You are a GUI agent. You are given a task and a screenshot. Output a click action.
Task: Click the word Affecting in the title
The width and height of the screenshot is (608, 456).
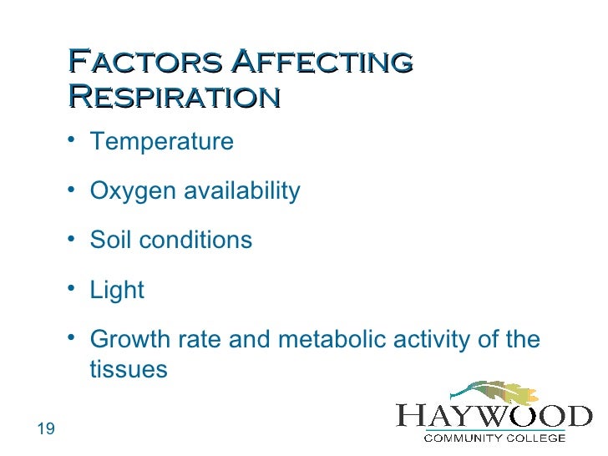pyautogui.click(x=322, y=62)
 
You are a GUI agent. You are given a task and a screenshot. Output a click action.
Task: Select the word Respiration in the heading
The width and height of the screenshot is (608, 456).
pyautogui.click(x=173, y=97)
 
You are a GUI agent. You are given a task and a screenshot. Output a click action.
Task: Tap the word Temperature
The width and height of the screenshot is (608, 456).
pyautogui.click(x=161, y=142)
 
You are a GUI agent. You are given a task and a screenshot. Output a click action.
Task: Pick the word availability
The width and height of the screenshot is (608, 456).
pyautogui.click(x=241, y=191)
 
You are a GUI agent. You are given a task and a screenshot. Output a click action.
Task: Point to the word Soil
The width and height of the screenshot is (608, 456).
pyautogui.click(x=110, y=241)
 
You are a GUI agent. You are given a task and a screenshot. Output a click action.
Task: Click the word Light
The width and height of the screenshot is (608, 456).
pyautogui.click(x=117, y=291)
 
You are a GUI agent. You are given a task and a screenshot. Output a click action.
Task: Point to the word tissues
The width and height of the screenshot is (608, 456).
pyautogui.click(x=129, y=369)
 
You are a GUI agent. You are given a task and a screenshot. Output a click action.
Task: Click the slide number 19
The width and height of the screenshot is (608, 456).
pyautogui.click(x=46, y=429)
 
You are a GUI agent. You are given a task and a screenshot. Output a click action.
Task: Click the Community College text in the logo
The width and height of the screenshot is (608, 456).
pyautogui.click(x=494, y=436)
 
